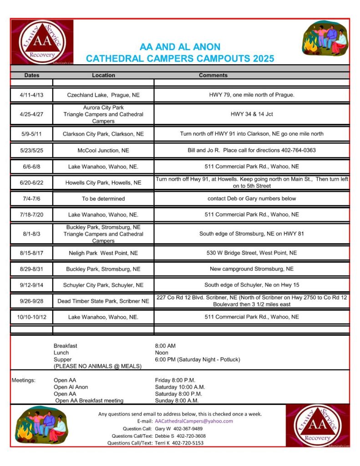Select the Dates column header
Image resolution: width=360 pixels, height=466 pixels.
click(32, 75)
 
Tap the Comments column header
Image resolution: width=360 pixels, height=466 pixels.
click(213, 75)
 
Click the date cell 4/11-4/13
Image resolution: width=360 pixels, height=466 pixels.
click(32, 95)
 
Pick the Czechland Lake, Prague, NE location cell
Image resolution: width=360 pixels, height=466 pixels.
click(103, 95)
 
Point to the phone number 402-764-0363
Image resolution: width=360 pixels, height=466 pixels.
click(298, 150)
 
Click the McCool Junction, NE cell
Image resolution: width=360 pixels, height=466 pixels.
click(103, 150)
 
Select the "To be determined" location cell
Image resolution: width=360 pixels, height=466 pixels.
click(103, 198)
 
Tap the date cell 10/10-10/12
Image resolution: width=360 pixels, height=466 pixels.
click(32, 317)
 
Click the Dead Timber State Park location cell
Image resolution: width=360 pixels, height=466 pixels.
click(103, 301)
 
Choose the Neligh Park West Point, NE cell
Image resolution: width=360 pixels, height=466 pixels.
click(103, 253)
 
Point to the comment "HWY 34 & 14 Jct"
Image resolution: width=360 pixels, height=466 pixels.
click(252, 114)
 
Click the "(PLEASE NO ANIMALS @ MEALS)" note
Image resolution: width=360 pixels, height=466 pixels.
click(97, 366)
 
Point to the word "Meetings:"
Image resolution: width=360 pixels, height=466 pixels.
click(23, 380)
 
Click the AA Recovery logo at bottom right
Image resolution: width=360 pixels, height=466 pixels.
click(318, 425)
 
